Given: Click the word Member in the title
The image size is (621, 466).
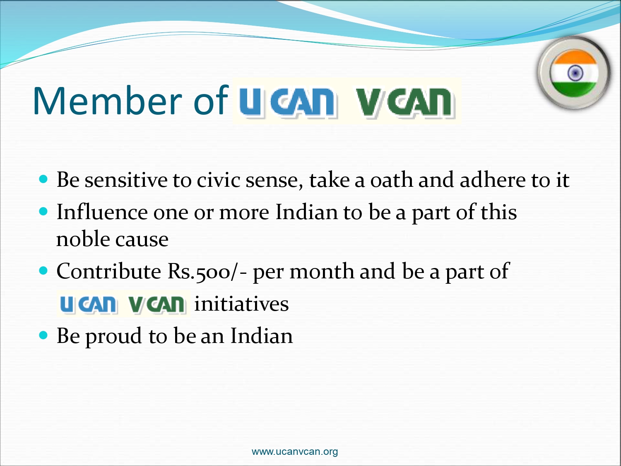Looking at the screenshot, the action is pos(108,101).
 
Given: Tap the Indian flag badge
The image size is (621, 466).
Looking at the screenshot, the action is pos(574,73).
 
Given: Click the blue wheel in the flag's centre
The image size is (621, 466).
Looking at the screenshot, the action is pos(575,73).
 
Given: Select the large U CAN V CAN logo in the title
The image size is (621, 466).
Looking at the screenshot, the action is pos(347,101).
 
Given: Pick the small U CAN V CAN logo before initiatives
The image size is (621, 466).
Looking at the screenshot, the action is pos(123,304).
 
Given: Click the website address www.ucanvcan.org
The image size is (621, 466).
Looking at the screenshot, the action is pos(294,452).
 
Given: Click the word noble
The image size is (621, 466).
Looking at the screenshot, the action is pos(83,239).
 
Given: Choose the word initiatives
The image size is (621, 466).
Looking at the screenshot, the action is pos(242,304).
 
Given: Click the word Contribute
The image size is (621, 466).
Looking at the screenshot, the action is pos(109,271).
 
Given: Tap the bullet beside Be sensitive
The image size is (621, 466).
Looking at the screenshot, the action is pos(43,179).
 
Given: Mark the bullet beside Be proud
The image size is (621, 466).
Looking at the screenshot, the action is pos(43,336).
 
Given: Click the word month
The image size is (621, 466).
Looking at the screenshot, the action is pos(322,271).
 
